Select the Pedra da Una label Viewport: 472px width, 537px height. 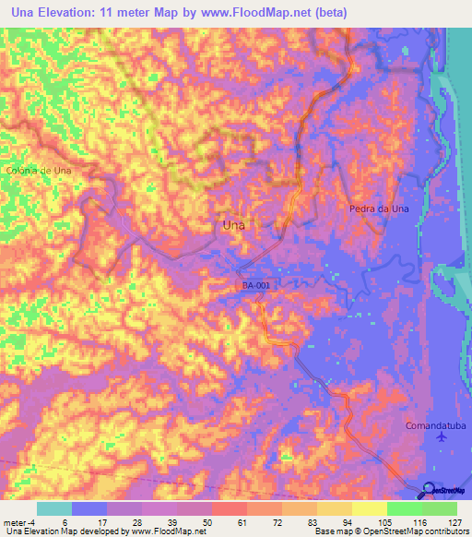pos(379,209)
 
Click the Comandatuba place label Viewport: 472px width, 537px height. pos(438,426)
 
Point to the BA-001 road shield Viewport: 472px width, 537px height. pos(256,286)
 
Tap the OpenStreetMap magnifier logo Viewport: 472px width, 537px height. pos(430,491)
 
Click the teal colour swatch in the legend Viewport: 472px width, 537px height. pos(54,508)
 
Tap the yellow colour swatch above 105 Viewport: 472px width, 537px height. pos(369,508)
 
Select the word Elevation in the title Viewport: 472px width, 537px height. pos(77,13)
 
